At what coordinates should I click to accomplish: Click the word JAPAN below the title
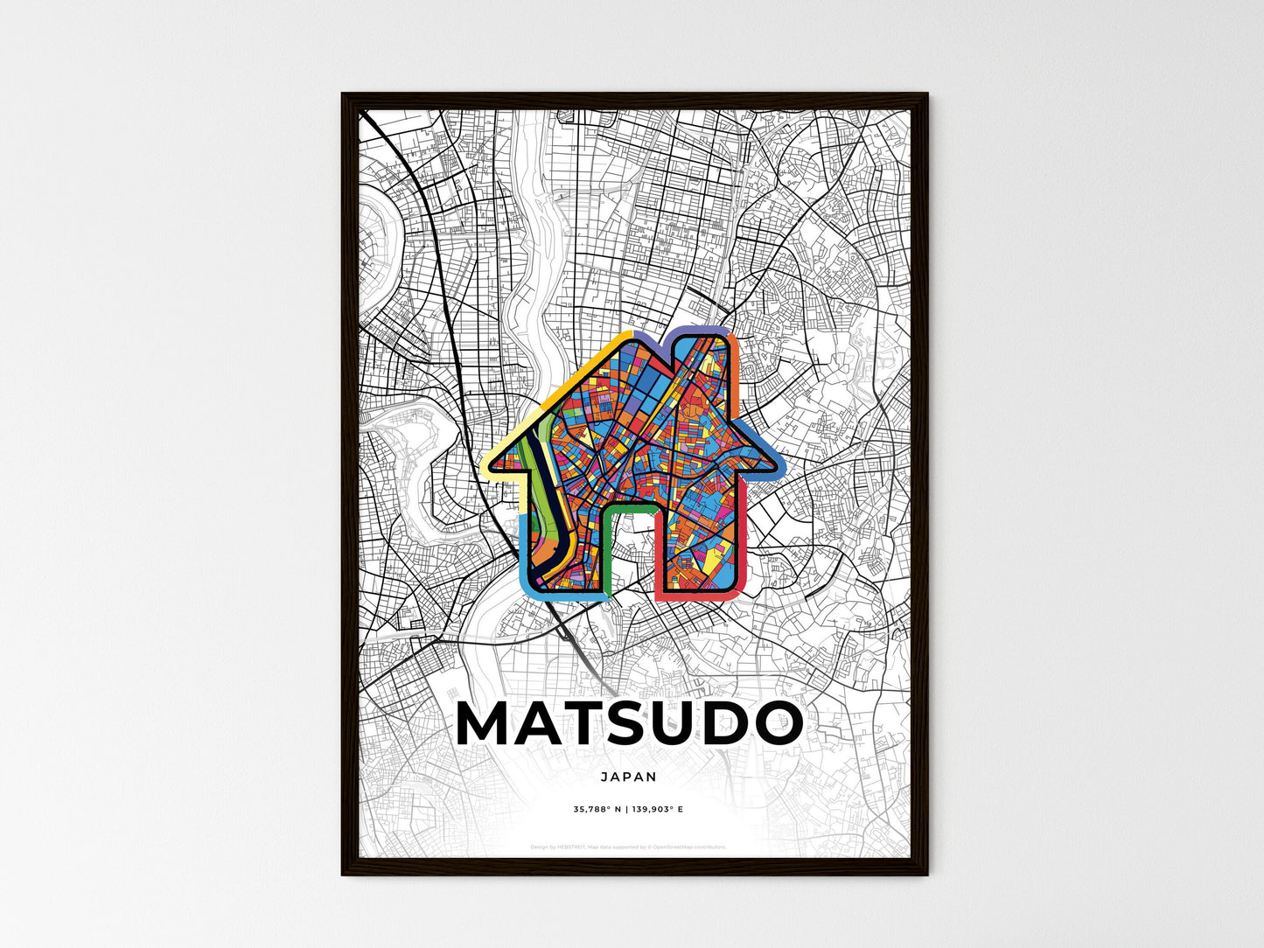pos(628,776)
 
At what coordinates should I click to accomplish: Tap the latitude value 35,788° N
pos(597,810)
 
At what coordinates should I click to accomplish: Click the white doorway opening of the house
pos(630,551)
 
